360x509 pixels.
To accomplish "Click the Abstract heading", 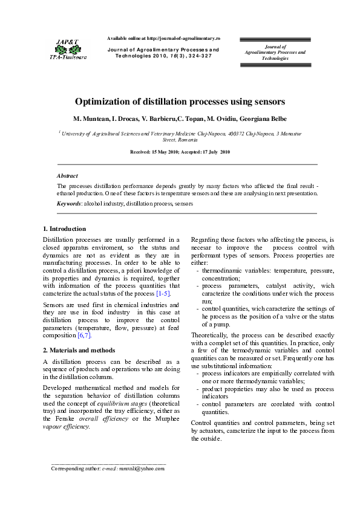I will pos(67,175).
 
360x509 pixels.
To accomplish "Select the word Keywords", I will pos(68,204).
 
